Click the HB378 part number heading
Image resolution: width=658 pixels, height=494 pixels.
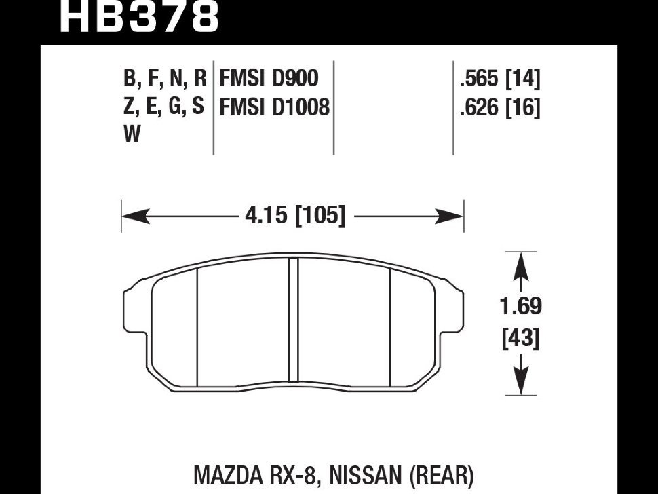point(140,17)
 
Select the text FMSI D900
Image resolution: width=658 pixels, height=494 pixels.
point(268,79)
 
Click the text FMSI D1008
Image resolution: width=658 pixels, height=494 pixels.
point(274,107)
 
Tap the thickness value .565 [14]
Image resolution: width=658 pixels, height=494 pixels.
point(499,80)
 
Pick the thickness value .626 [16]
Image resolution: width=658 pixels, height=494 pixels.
point(499,108)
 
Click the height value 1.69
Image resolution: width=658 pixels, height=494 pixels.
point(520,307)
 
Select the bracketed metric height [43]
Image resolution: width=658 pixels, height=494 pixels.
point(520,337)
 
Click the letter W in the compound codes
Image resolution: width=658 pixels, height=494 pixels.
point(132,135)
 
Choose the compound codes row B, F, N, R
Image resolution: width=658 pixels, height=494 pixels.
point(164,79)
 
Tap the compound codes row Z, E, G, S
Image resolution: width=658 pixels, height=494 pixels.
point(164,107)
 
